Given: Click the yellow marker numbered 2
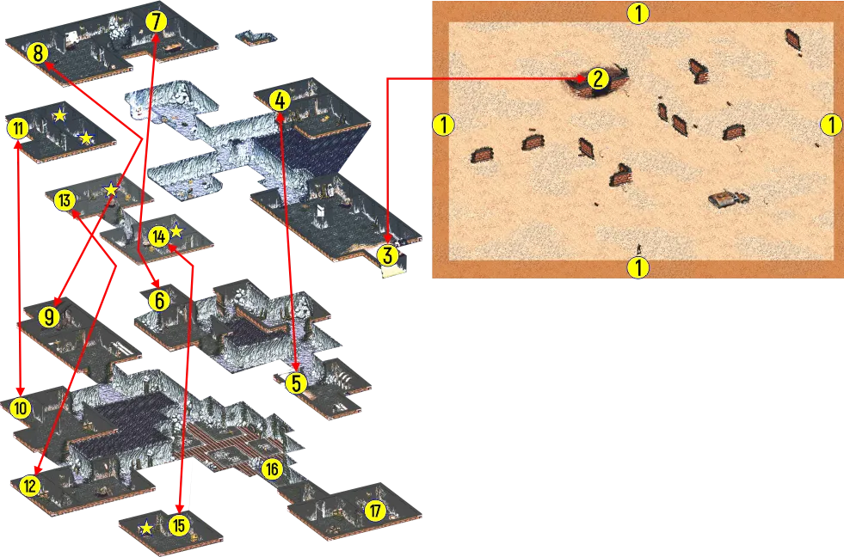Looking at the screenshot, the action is coord(597,79).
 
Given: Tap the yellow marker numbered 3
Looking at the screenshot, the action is coord(387,256).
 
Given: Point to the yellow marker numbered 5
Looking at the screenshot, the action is coord(296,383).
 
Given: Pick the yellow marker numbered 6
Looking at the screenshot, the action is coord(159,301).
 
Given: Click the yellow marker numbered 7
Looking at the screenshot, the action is coord(156,21).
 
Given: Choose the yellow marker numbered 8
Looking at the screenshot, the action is coord(38,53).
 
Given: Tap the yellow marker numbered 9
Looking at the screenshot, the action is coord(49,317).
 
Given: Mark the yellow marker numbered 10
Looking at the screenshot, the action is coord(21,408).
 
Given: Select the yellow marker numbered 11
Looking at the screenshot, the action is coord(18,129).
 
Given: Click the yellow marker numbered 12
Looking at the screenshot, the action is coord(29,486).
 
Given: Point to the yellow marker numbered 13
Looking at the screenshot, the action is coord(65,200).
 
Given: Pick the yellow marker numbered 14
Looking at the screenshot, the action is coord(158,236).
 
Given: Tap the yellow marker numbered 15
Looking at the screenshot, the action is coord(179,524).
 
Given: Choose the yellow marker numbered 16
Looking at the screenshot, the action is coord(272,469).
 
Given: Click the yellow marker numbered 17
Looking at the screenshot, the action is coord(375,510).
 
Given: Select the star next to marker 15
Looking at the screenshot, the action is coord(146,528).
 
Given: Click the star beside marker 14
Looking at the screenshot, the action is coord(176,232).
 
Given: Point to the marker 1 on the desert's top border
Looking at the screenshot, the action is coord(638,13).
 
